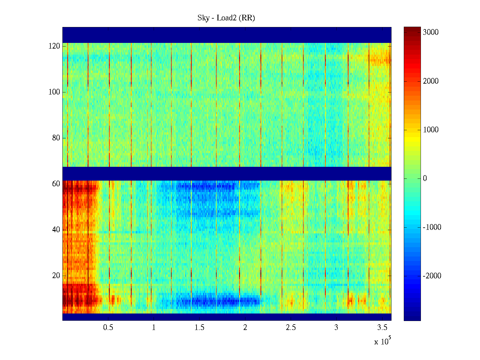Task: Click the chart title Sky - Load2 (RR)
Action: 226,18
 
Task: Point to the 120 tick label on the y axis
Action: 54,46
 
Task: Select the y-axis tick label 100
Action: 54,92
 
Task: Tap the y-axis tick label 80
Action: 56,138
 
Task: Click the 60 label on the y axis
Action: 56,184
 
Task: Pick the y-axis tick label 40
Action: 56,230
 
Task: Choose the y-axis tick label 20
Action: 56,276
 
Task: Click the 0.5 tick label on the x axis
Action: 108,328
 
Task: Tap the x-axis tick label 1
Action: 154,328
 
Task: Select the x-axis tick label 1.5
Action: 199,328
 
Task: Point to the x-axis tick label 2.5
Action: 291,328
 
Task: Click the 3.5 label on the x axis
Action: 382,328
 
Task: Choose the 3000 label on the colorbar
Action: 430,32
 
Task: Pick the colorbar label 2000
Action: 430,81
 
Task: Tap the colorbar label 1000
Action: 430,130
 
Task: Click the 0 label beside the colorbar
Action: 425,178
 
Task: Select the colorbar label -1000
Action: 432,227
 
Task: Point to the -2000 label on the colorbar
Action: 432,276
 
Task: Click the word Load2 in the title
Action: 227,18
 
